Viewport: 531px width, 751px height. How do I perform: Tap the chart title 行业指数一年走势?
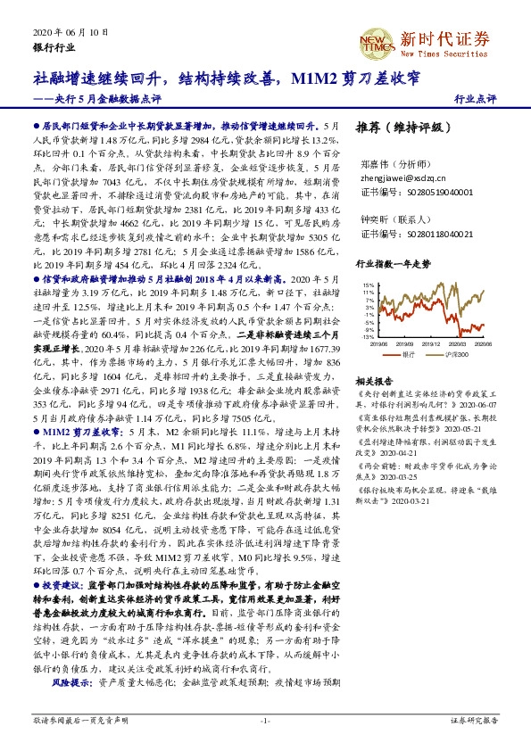[393, 264]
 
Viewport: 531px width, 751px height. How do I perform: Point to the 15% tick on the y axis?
[368, 285]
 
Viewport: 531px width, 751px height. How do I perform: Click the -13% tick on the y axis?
[368, 338]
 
